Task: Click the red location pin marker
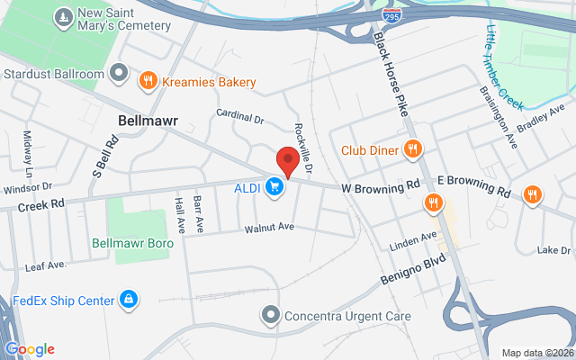coord(287,161)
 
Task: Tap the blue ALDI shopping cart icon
coord(276,187)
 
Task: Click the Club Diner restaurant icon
coord(413,149)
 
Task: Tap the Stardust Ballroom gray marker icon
coord(119,70)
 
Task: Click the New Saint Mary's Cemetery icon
coord(63,17)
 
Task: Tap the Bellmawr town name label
coord(148,119)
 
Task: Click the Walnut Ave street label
coord(269,229)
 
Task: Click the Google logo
coord(30,349)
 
